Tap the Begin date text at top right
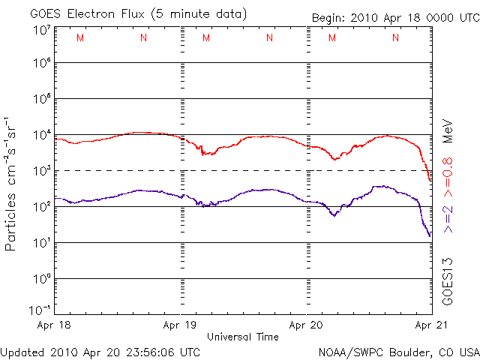(395, 18)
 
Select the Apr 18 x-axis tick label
(54, 325)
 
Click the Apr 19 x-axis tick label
(180, 325)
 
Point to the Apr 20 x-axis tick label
(306, 325)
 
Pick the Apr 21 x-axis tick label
(431, 325)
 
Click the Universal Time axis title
(243, 337)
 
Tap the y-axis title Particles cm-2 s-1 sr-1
(10, 184)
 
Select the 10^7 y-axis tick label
(42, 31)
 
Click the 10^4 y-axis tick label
(42, 134)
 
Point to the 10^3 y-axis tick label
(42, 170)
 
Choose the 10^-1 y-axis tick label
(40, 310)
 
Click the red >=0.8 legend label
(448, 177)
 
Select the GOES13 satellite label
(448, 282)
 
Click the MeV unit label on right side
(448, 131)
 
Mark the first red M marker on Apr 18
(80, 37)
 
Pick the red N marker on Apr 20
(395, 37)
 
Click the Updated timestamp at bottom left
(100, 352)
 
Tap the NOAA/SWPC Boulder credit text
(399, 352)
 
